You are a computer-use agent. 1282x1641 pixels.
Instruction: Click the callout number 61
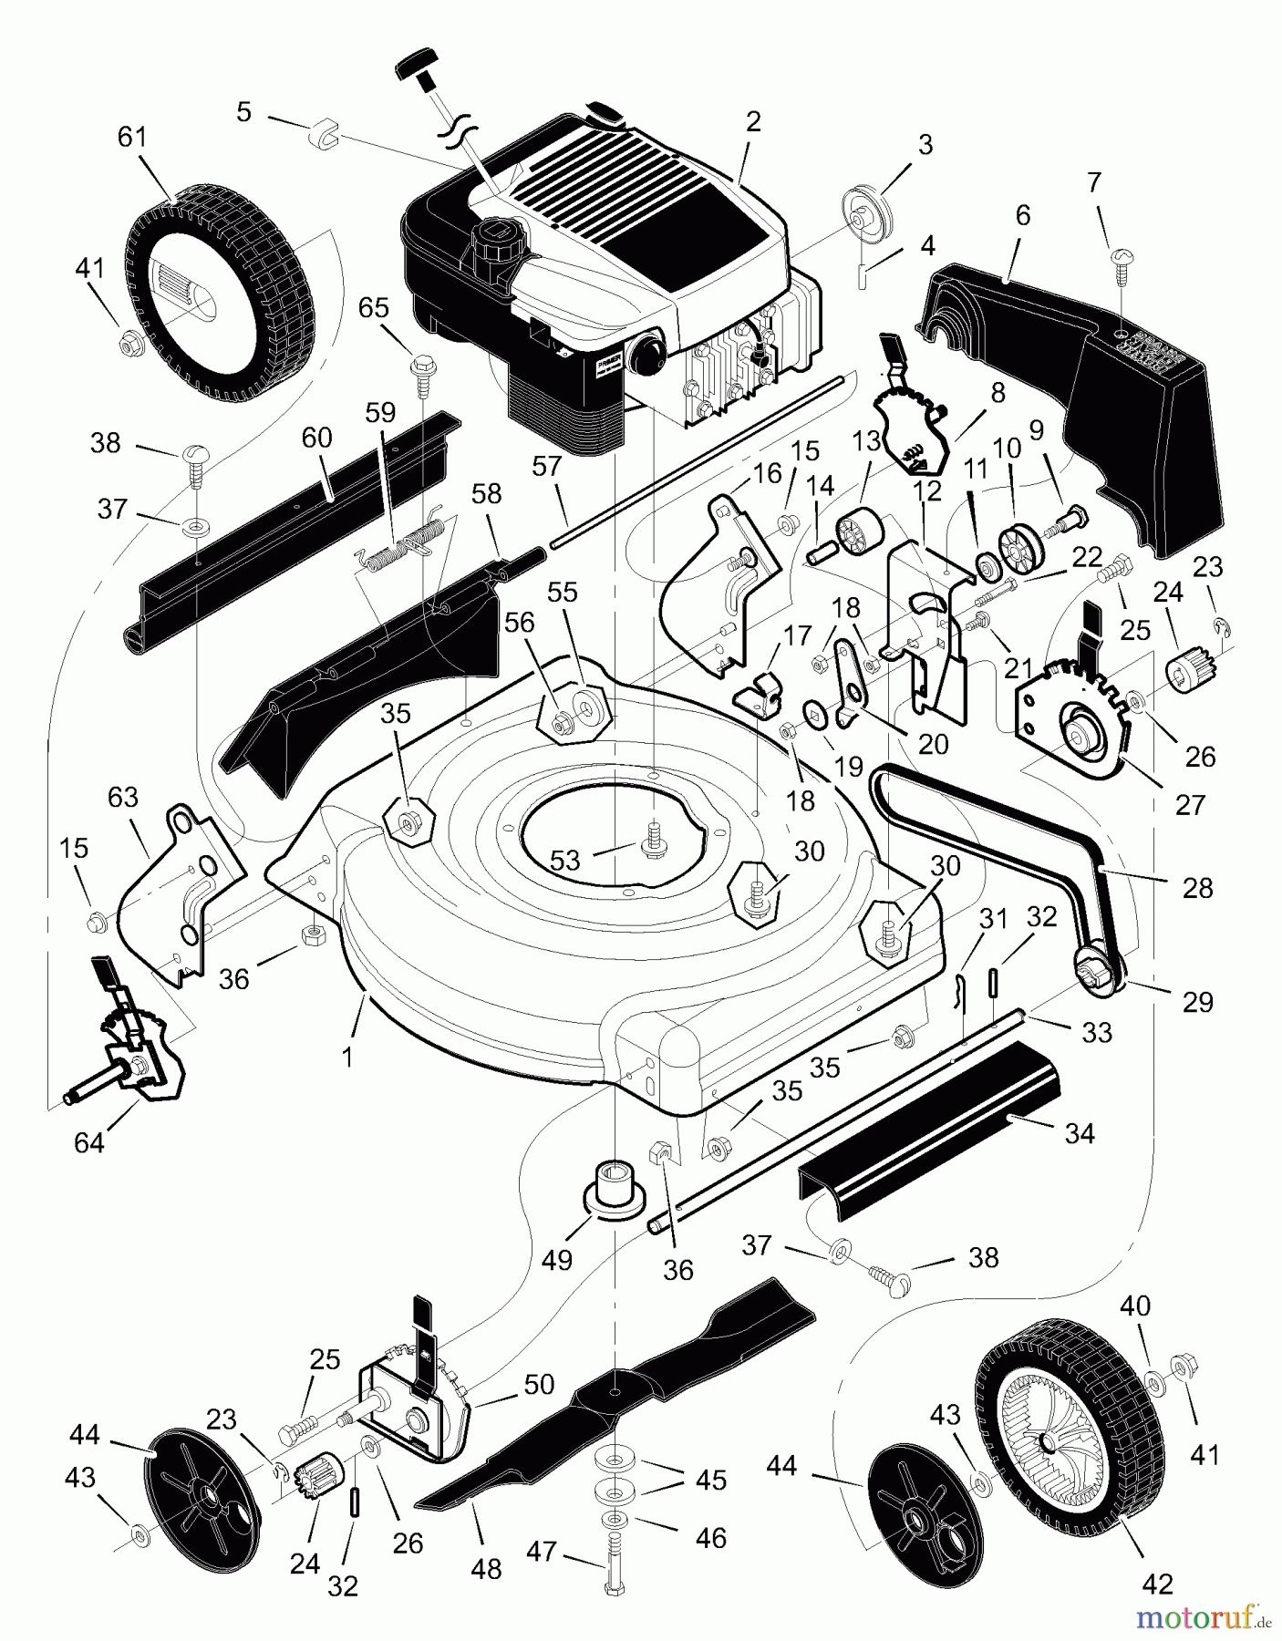pos(132,138)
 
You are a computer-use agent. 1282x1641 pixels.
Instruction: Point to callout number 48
pos(487,1569)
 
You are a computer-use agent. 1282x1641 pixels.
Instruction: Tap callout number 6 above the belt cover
pos(1022,216)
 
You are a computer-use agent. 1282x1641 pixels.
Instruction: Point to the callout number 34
pos(1079,1133)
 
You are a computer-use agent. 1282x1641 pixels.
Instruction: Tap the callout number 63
pos(122,797)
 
